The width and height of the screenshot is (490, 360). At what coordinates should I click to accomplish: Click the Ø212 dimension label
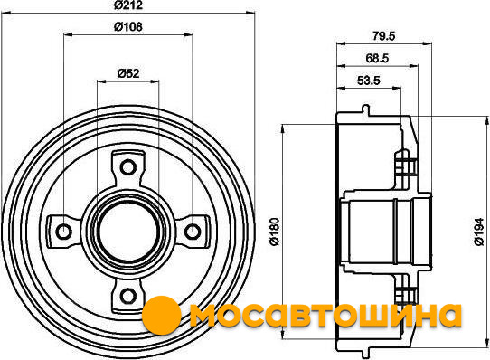128,5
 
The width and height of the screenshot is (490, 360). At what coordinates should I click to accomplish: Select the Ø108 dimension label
128,27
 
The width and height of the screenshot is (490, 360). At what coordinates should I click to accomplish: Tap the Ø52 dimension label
128,73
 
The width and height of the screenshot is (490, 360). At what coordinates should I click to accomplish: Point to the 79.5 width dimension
383,36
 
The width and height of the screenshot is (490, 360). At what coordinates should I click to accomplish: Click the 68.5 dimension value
377,58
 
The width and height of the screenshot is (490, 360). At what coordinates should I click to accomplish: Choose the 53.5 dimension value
369,81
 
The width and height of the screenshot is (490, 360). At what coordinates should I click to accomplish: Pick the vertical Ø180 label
275,232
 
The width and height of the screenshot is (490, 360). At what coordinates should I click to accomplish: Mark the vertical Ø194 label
479,232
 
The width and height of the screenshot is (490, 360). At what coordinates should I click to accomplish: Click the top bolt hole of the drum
128,167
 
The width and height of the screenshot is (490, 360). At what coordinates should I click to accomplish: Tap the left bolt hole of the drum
64,232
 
